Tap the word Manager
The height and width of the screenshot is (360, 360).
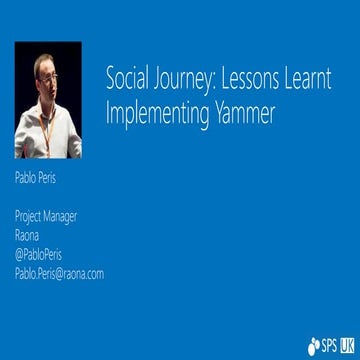[x=62, y=216]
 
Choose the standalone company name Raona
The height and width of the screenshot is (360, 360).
[x=26, y=235]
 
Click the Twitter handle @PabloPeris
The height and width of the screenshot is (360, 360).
[x=38, y=254]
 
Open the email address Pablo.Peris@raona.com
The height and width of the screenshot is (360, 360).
[x=59, y=273]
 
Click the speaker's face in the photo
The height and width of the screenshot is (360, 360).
[x=45, y=74]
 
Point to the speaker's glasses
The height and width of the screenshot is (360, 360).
[x=45, y=71]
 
